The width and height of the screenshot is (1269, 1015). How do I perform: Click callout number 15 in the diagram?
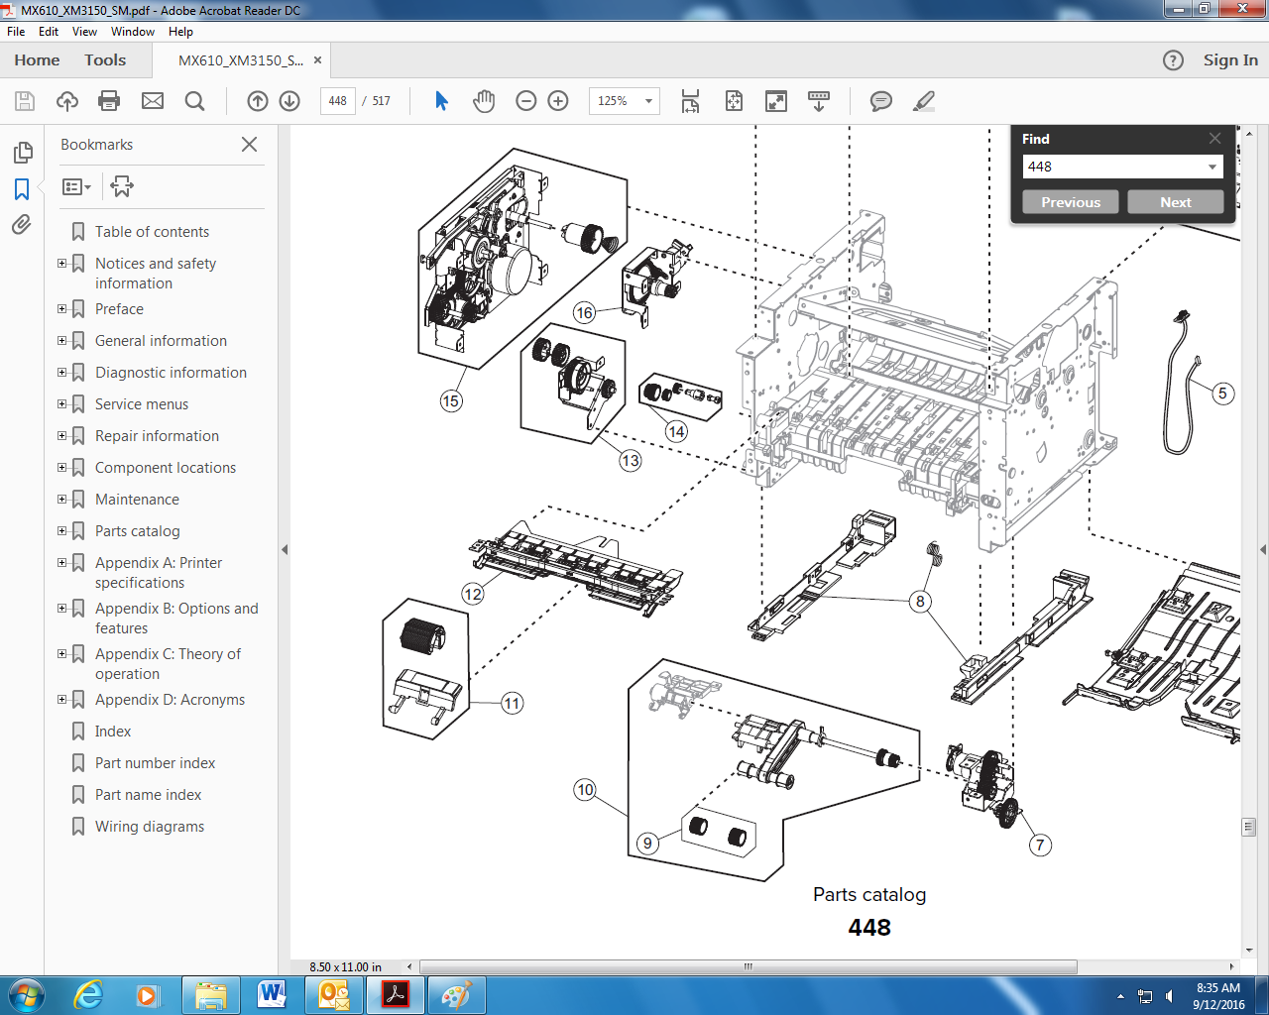[x=451, y=401]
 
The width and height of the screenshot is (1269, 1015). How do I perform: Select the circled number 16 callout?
[x=584, y=312]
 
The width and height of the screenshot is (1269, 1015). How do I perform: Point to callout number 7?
[x=1040, y=845]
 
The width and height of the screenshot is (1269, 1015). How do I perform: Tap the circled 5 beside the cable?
[x=1222, y=394]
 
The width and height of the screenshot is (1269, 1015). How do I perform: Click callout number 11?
[x=512, y=703]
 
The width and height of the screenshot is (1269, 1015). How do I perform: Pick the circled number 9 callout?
[x=647, y=843]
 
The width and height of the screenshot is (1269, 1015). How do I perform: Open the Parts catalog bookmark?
[x=138, y=531]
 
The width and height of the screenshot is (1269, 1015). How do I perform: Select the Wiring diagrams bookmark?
[x=150, y=827]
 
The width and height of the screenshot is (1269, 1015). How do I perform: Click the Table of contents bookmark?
[x=152, y=232]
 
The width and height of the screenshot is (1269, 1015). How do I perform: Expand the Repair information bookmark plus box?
[x=61, y=435]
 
